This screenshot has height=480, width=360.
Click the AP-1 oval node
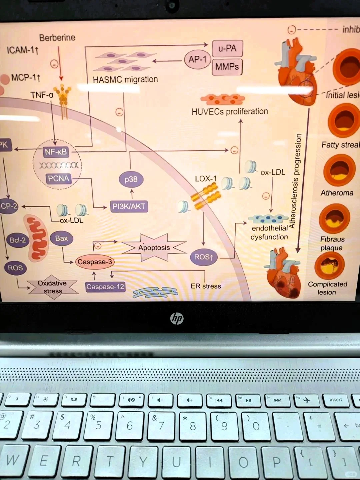[x=198, y=60]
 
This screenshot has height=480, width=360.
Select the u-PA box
[x=227, y=49]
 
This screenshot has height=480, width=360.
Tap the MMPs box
[x=227, y=67]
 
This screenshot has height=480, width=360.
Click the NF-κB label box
[x=56, y=152]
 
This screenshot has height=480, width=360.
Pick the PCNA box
[x=59, y=179]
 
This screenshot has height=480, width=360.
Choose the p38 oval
[x=131, y=179]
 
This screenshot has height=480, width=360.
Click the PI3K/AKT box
[x=129, y=206]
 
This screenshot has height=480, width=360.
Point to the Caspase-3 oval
[x=95, y=262]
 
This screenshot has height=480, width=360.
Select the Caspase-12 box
[x=105, y=287]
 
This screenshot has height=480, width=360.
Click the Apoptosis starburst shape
[x=154, y=248]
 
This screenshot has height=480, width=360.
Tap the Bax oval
[x=61, y=238]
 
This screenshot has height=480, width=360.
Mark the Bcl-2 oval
[x=17, y=240]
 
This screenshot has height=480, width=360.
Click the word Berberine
[x=57, y=38]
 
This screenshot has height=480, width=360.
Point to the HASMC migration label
[x=125, y=80]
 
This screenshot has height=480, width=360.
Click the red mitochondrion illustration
[x=37, y=238]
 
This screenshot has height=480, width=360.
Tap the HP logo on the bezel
[x=177, y=319]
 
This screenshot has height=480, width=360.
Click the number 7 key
[x=161, y=426]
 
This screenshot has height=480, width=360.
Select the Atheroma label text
[x=337, y=193]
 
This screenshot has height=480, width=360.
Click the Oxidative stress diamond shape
[x=53, y=287]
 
